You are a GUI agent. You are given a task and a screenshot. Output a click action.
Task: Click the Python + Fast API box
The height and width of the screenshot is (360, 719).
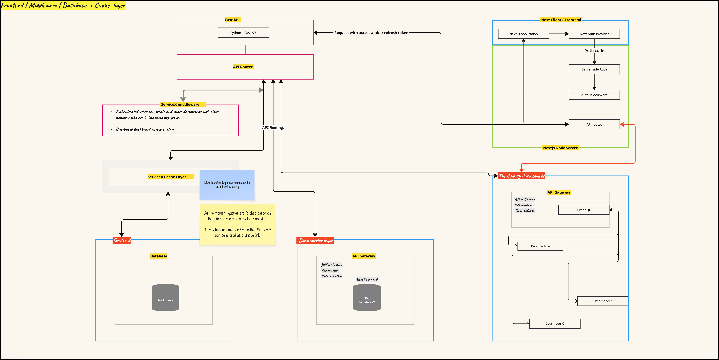click(x=243, y=33)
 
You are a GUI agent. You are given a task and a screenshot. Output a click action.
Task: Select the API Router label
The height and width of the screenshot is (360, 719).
click(x=243, y=67)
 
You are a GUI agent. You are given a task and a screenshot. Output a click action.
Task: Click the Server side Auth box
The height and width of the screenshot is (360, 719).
click(x=594, y=69)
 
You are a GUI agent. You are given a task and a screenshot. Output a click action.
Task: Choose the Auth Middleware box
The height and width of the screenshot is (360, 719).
click(x=594, y=95)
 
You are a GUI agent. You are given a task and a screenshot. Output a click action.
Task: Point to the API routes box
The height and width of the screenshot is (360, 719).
click(x=594, y=124)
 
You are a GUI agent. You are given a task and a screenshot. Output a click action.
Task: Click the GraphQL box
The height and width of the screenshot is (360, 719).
click(x=583, y=210)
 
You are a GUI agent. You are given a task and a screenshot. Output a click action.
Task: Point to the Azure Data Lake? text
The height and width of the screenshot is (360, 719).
click(x=367, y=280)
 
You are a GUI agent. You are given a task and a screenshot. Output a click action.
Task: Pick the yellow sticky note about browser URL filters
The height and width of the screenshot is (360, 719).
click(x=237, y=224)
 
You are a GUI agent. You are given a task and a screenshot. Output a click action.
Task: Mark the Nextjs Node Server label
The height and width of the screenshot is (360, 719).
click(x=560, y=148)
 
